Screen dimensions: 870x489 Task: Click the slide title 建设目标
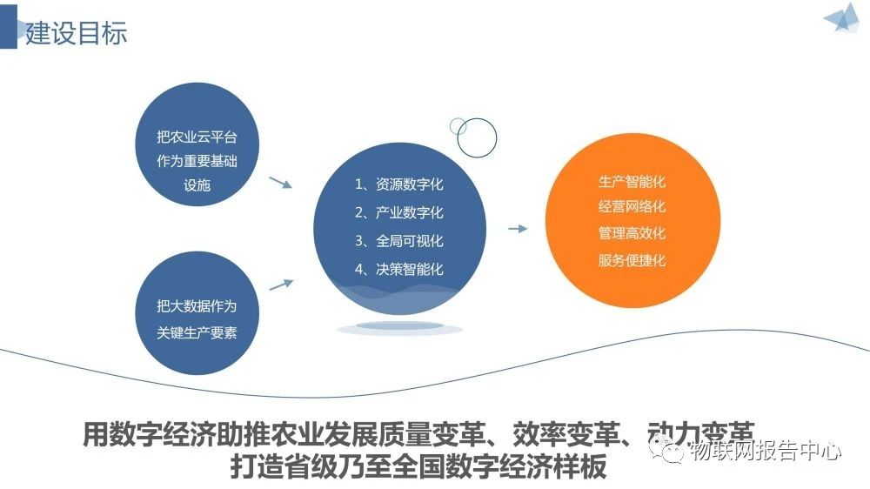(x=76, y=33)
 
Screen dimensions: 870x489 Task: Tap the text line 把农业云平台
(x=197, y=137)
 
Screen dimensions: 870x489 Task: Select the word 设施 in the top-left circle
(x=197, y=184)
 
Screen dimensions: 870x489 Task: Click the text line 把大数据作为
(x=197, y=305)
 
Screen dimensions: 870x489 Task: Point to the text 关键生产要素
(x=197, y=332)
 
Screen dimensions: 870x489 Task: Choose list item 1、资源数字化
(x=399, y=184)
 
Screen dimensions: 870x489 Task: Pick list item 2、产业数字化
(x=399, y=212)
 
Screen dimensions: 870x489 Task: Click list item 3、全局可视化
(x=399, y=241)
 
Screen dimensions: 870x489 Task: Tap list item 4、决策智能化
(x=399, y=269)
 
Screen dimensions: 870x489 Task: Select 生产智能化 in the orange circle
(x=632, y=182)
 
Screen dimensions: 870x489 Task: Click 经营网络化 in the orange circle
(x=632, y=206)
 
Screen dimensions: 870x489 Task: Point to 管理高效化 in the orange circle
(x=632, y=233)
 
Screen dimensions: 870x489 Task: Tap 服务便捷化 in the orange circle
(x=632, y=260)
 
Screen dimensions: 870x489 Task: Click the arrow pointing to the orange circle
(x=518, y=228)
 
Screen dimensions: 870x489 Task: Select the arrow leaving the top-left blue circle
(x=281, y=183)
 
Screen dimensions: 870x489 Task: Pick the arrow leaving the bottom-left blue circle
(x=281, y=285)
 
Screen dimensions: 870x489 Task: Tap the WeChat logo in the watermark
(x=667, y=450)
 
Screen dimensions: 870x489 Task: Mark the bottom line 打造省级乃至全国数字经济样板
(x=418, y=467)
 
